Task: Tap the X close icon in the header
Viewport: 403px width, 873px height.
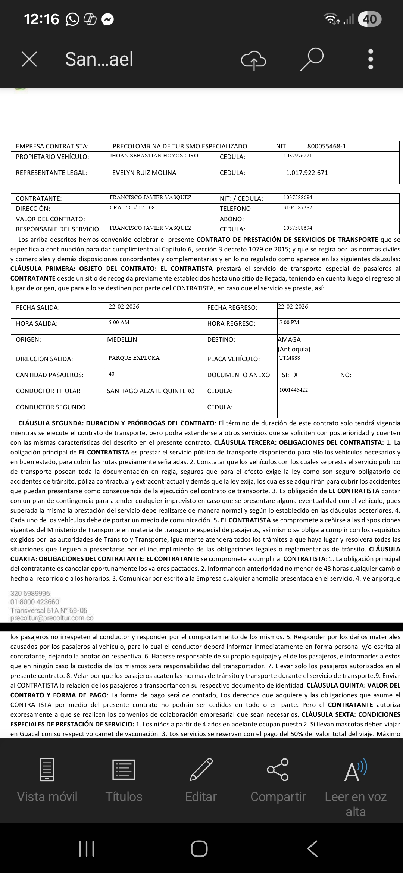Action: [29, 59]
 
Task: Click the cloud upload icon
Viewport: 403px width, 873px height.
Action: [254, 59]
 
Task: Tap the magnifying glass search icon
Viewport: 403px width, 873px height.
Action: [312, 59]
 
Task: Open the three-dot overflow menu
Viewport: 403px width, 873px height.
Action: [371, 59]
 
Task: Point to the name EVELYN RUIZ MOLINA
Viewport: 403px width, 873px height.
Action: [144, 173]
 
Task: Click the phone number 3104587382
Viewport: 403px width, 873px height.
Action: [298, 207]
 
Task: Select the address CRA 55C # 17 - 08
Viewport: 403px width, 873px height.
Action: [132, 207]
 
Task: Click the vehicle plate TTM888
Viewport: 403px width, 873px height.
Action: [290, 358]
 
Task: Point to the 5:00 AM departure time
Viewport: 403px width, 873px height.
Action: [119, 322]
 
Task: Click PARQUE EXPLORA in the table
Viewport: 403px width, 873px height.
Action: [134, 358]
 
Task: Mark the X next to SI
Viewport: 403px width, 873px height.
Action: [296, 375]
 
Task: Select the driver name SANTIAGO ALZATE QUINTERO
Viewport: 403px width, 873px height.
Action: [151, 391]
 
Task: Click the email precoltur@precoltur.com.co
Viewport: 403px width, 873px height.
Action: [52, 618]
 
